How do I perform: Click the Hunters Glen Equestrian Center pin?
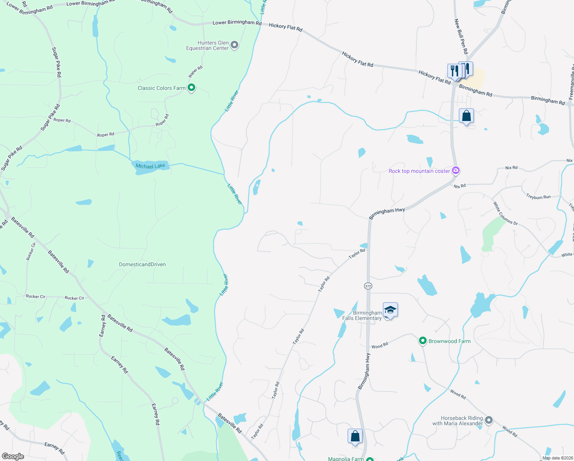point(234,45)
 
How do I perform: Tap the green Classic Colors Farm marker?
point(191,88)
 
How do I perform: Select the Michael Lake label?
point(150,166)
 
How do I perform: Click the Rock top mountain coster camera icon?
point(456,171)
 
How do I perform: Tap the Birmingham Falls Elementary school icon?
point(390,310)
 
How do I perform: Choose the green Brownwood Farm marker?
point(422,341)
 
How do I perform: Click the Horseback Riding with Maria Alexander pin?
point(489,420)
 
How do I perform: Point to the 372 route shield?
point(368,286)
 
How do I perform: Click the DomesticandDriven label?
point(142,264)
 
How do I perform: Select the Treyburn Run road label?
point(538,197)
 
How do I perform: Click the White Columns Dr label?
point(505,213)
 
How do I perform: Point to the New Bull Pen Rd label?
point(461,36)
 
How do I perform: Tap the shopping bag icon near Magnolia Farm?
point(355,436)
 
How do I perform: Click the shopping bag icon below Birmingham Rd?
point(466,116)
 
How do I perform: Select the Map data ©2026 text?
point(557,458)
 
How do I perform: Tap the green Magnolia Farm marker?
point(370,459)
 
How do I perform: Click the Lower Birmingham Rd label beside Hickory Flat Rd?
point(237,23)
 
